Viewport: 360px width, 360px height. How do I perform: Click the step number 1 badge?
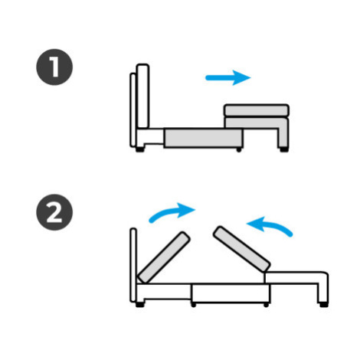[54, 67]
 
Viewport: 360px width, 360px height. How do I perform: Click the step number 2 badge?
[54, 212]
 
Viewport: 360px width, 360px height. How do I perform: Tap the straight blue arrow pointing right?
[228, 77]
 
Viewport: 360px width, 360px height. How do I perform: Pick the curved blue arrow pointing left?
[270, 225]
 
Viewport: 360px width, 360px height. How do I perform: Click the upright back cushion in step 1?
[142, 96]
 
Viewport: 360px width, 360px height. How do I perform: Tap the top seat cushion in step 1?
[257, 110]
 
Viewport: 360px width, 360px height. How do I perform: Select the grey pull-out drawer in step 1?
[203, 138]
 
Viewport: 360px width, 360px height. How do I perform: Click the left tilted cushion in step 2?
[164, 257]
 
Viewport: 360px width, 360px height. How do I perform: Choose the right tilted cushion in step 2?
[242, 249]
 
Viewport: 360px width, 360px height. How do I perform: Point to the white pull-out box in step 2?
[231, 293]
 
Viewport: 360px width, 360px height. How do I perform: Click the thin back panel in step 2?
[133, 265]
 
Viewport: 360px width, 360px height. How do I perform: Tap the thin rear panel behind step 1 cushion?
[133, 110]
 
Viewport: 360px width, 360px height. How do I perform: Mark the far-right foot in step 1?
[284, 149]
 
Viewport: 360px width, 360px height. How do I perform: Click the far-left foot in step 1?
[139, 149]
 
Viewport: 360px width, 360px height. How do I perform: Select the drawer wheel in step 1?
[239, 150]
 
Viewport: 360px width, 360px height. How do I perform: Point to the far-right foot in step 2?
[323, 304]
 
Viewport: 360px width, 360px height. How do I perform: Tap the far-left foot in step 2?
[139, 304]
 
